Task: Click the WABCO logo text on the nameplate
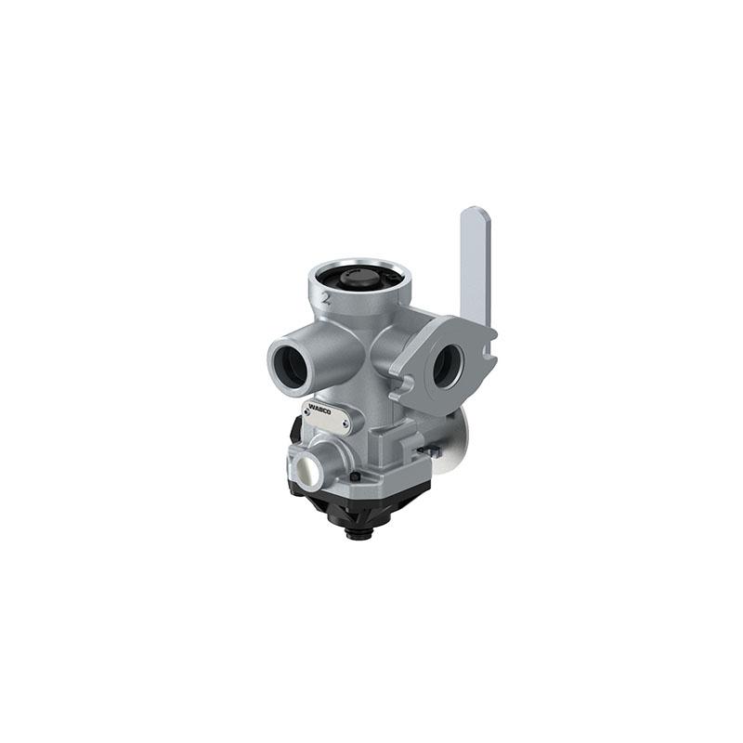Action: coord(319,410)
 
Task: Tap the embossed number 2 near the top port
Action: coord(326,298)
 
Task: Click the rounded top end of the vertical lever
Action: coord(476,212)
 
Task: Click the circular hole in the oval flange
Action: coord(447,364)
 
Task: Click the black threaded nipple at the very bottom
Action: coord(359,537)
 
